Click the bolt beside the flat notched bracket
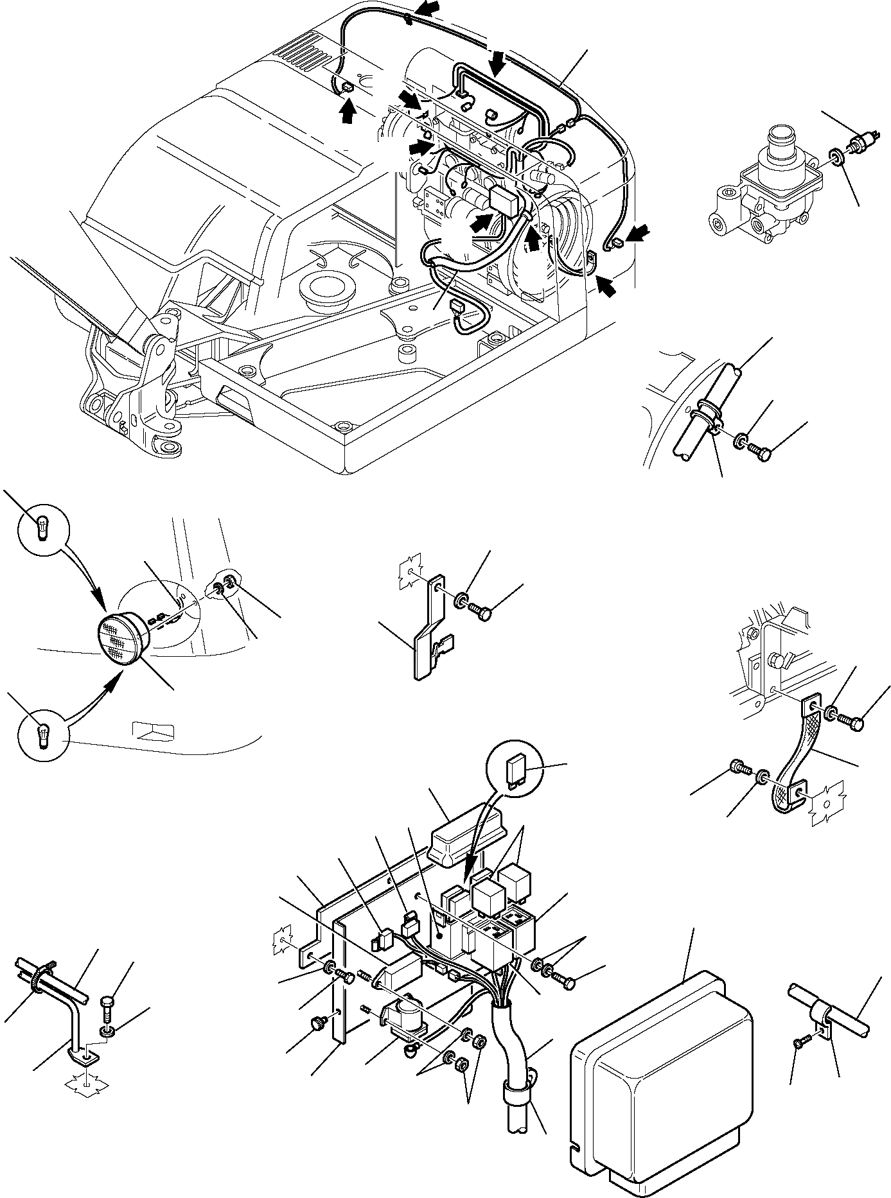pyautogui.click(x=480, y=608)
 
